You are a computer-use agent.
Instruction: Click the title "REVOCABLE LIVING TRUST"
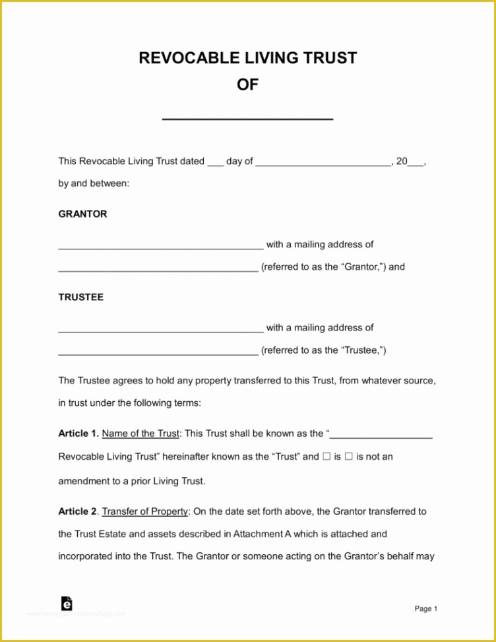(247, 58)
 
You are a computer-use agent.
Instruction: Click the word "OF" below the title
(247, 84)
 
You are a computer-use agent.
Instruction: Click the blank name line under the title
(247, 117)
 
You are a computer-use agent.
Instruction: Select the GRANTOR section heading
(82, 214)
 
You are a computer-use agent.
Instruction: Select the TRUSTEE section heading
(80, 297)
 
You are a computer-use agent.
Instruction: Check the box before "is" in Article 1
(326, 457)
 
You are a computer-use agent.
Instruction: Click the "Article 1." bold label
(78, 433)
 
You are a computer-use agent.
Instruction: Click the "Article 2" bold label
(78, 511)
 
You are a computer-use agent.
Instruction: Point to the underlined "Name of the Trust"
(140, 433)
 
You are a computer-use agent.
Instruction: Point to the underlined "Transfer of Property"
(145, 511)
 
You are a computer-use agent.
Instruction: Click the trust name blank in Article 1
(381, 435)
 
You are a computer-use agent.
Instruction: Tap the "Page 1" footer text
(425, 609)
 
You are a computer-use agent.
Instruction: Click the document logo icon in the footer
(66, 604)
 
